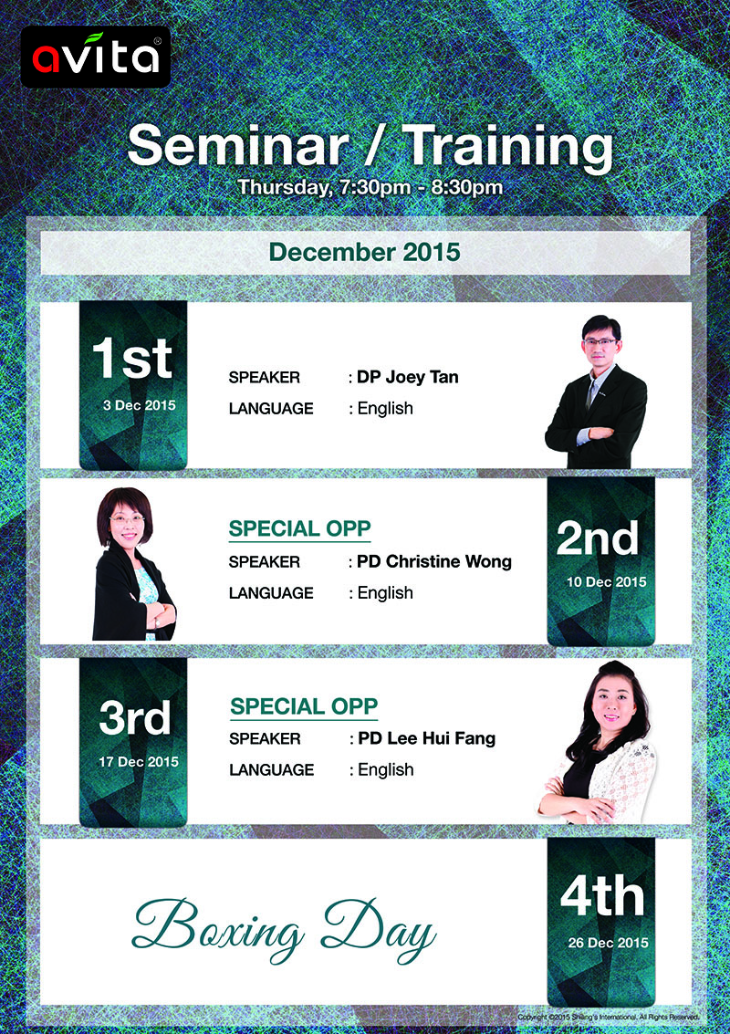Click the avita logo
pos(96,57)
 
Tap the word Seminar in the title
pos(238,146)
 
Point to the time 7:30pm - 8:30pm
pos(421,187)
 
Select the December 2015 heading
pos(365,252)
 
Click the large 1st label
pos(132,358)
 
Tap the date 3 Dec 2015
pos(139,405)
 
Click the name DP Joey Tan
pos(408,377)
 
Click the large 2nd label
pos(598,538)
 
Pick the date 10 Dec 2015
pos(607,582)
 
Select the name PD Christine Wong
pos(434,561)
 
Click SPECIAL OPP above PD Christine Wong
pos(299,529)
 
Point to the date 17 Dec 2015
pos(139,762)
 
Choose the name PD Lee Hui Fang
pos(427,738)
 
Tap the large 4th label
pos(602,897)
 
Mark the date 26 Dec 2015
pos(608,943)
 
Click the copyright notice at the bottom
pos(608,1017)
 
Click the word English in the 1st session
pos(385,409)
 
